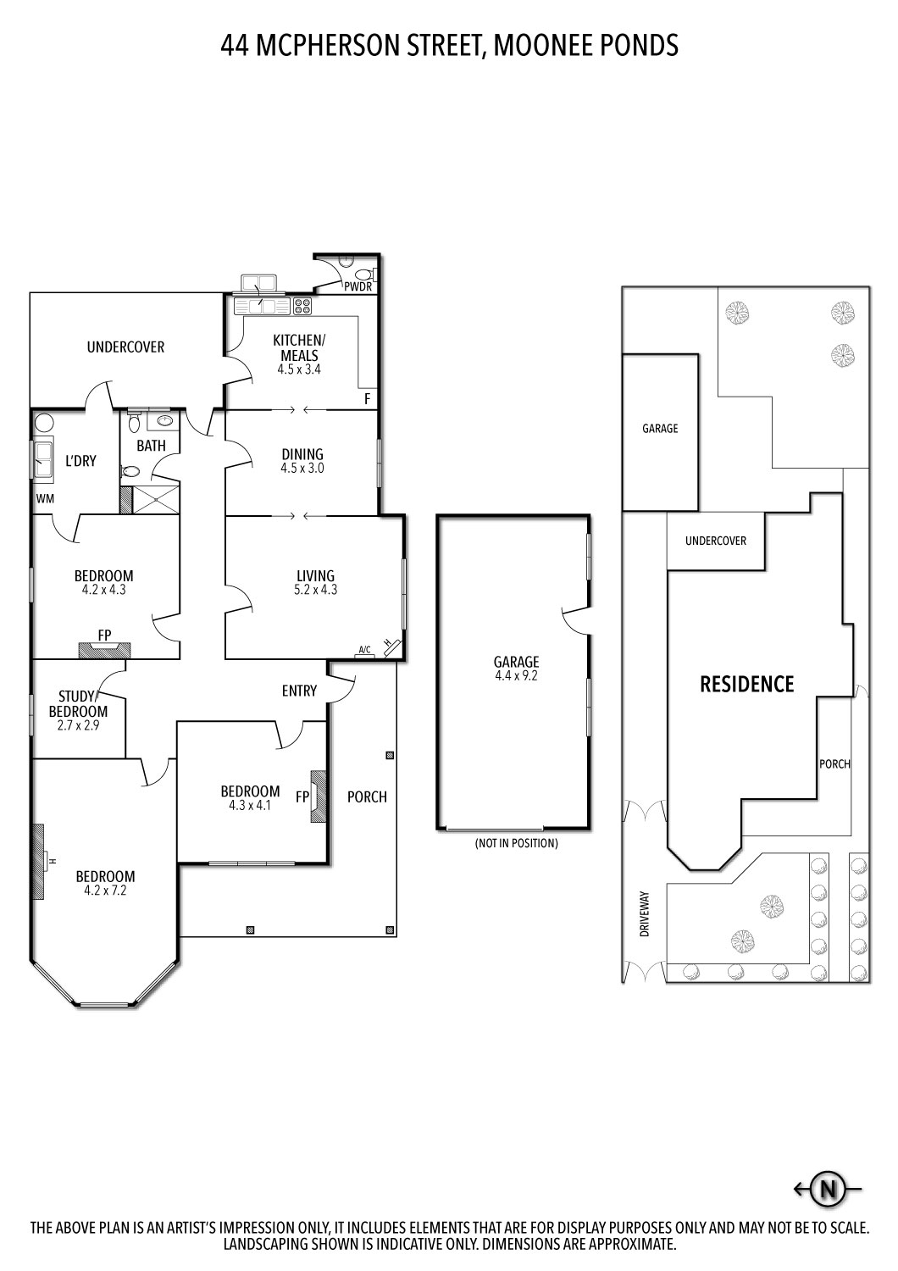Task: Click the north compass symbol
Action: [x=828, y=1189]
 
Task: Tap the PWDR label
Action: [x=358, y=286]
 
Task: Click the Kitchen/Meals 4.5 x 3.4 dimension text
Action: [x=299, y=369]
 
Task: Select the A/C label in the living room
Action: [x=365, y=650]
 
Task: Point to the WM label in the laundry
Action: [x=45, y=498]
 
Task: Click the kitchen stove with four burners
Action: [x=302, y=306]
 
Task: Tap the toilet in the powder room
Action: [x=363, y=274]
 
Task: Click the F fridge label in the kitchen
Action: [x=368, y=398]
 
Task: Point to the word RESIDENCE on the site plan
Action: [x=746, y=684]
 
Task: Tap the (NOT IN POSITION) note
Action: [x=516, y=843]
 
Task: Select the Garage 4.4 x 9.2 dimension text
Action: [x=517, y=676]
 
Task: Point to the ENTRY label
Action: [x=299, y=691]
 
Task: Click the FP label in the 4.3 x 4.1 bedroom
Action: [x=302, y=796]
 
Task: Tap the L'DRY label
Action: [x=80, y=461]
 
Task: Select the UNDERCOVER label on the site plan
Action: [x=715, y=541]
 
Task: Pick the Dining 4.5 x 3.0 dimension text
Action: [x=302, y=468]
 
